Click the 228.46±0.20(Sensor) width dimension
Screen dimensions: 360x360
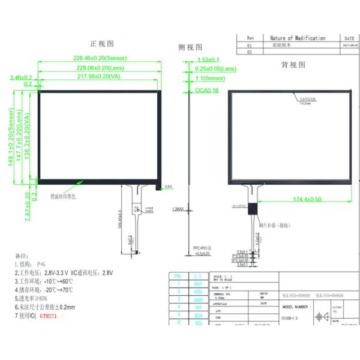coord(100,58)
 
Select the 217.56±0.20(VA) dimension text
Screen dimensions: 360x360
coord(100,77)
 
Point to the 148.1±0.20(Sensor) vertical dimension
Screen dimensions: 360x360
coord(11,139)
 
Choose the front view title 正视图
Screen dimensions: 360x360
coord(101,44)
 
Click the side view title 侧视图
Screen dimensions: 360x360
coord(190,47)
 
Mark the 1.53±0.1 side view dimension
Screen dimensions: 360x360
coord(208,59)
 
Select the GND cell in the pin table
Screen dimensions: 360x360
coord(197,299)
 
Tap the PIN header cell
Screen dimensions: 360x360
coord(178,276)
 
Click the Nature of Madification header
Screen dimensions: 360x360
coord(298,38)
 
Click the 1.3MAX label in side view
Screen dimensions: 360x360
coord(178,209)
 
